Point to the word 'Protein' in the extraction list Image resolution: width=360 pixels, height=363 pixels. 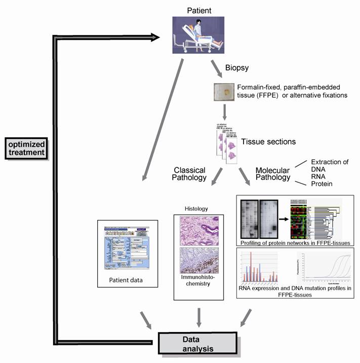321,184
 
